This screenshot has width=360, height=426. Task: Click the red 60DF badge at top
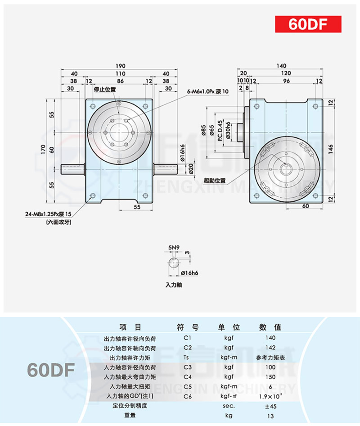point(308,24)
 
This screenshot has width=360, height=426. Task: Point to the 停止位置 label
point(105,89)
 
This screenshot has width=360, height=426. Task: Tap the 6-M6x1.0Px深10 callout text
point(208,91)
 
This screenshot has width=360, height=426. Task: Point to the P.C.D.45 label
point(220,131)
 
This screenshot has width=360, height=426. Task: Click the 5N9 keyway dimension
point(174,247)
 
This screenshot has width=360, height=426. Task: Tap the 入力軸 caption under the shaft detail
point(173,285)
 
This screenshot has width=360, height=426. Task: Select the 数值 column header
point(270,327)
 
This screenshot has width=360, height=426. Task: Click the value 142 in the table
point(270,348)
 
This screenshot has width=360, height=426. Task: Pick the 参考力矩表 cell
point(270,358)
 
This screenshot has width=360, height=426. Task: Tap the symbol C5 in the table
point(188,386)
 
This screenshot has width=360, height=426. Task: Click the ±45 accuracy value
point(270,406)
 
